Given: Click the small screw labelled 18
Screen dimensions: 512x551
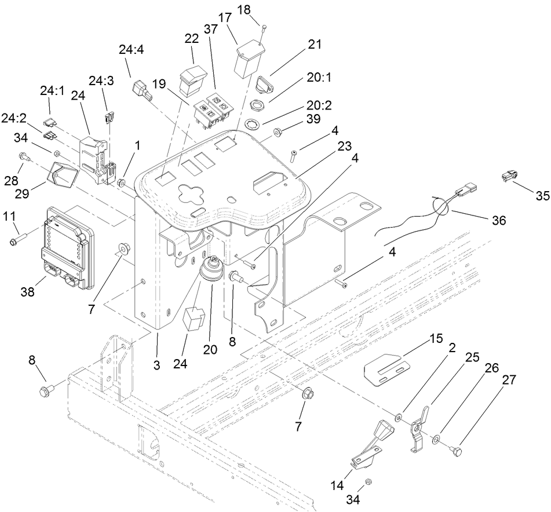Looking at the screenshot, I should click(x=264, y=27).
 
